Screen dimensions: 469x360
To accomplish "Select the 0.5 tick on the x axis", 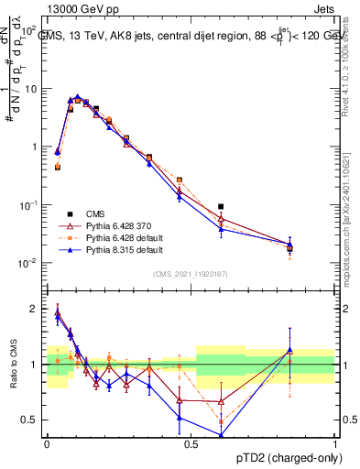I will tap(191, 445).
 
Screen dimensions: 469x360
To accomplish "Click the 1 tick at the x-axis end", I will tap(334, 445).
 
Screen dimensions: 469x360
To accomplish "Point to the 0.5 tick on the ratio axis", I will tap(30, 420).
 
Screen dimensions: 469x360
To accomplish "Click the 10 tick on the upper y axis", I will tap(31, 89).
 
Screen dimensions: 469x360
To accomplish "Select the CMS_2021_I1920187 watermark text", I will tap(191, 274).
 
